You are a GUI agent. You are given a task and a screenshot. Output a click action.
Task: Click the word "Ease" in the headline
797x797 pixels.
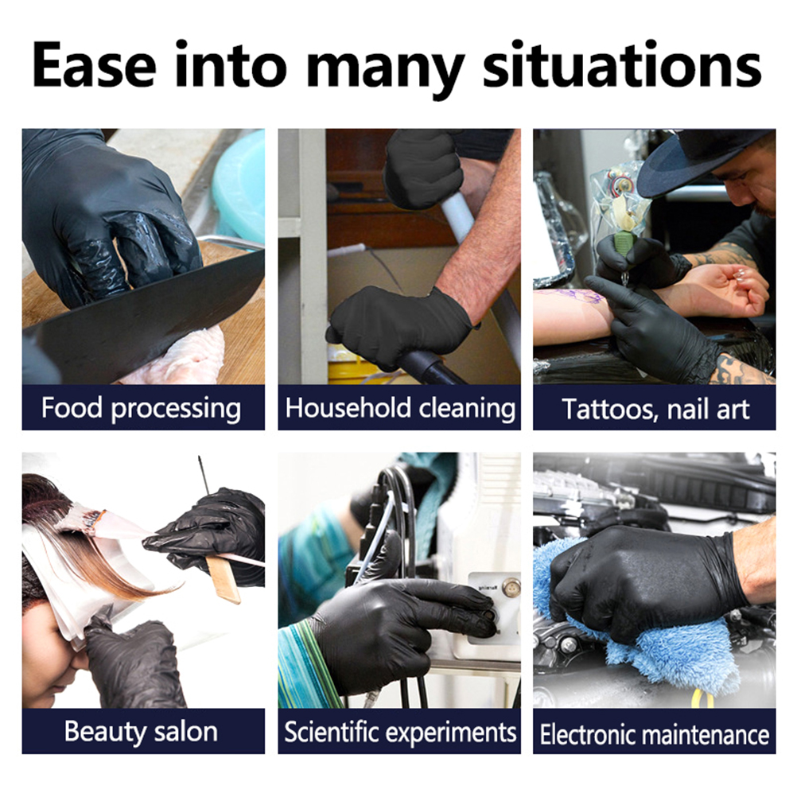click(94, 64)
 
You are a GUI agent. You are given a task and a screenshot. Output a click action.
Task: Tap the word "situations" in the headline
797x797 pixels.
click(622, 64)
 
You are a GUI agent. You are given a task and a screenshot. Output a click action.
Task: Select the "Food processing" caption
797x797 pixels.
click(142, 409)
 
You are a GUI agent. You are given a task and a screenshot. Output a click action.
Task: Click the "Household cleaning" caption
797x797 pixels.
click(400, 408)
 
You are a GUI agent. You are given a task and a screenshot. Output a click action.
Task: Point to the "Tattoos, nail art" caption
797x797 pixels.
click(655, 410)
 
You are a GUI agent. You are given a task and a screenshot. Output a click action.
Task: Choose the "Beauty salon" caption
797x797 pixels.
click(141, 732)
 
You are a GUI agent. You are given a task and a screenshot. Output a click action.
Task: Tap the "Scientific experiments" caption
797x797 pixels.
click(400, 732)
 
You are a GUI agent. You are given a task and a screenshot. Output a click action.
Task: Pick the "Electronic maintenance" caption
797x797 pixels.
click(655, 734)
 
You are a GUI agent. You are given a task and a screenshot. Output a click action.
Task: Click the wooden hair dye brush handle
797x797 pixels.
click(223, 578)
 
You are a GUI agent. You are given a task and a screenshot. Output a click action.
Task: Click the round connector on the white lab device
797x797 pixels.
click(511, 588)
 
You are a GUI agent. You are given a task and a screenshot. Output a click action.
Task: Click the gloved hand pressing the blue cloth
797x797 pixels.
click(646, 579)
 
